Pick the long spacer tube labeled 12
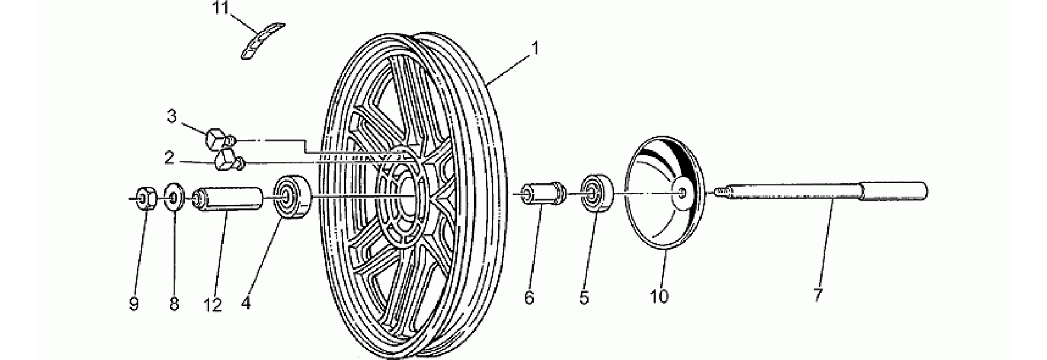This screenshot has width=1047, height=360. click(x=227, y=199)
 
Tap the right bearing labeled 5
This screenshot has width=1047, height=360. click(x=597, y=194)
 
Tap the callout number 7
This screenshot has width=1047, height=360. click(x=818, y=295)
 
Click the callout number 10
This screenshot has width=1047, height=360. click(x=659, y=296)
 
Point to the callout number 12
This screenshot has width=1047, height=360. click(x=212, y=305)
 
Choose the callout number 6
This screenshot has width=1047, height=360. click(x=529, y=297)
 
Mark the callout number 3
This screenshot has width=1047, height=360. click(x=172, y=116)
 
